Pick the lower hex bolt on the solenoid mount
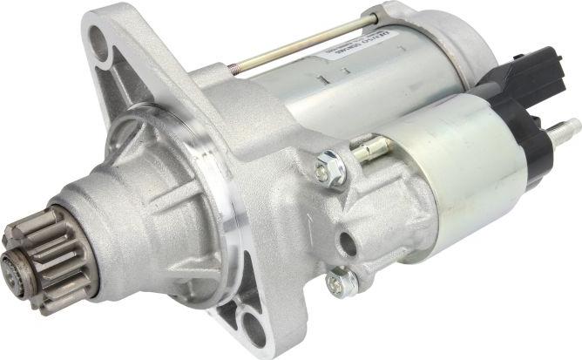[342, 282]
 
